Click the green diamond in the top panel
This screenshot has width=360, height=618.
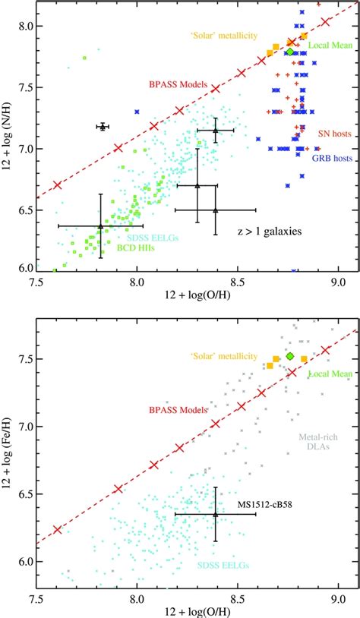pos(290,52)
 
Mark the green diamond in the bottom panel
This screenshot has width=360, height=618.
pos(289,356)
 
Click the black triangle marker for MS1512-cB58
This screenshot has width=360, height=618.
pos(216,514)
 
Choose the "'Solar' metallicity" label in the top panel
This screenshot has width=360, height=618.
pos(229,36)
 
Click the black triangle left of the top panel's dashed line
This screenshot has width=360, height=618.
pos(103,127)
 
